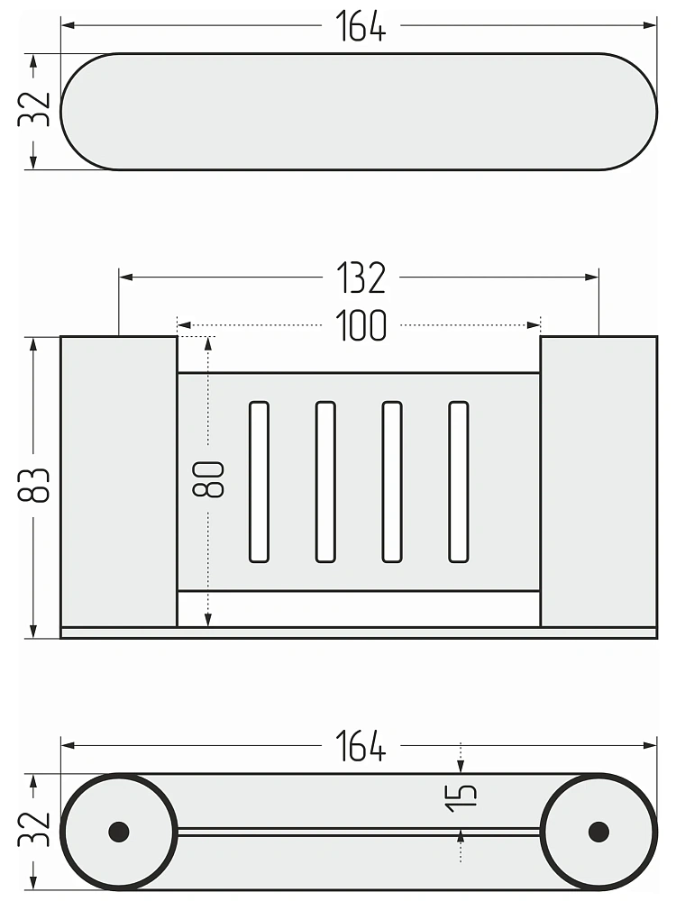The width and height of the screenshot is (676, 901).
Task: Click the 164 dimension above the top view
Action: click(x=361, y=26)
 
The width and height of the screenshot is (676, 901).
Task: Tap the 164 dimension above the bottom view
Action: click(x=361, y=746)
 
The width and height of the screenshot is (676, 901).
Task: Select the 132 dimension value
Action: click(x=361, y=278)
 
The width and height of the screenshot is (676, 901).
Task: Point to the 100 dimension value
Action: click(x=361, y=326)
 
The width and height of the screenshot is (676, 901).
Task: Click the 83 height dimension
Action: click(x=34, y=486)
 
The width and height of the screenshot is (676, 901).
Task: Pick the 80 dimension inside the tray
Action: click(x=208, y=479)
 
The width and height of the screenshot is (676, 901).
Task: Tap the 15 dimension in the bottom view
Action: click(x=461, y=798)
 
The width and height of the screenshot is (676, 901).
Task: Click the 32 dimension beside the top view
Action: click(x=34, y=109)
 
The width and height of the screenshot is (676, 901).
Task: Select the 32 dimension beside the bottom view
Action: click(x=34, y=829)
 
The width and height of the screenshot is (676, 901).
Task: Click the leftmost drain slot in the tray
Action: click(x=259, y=481)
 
